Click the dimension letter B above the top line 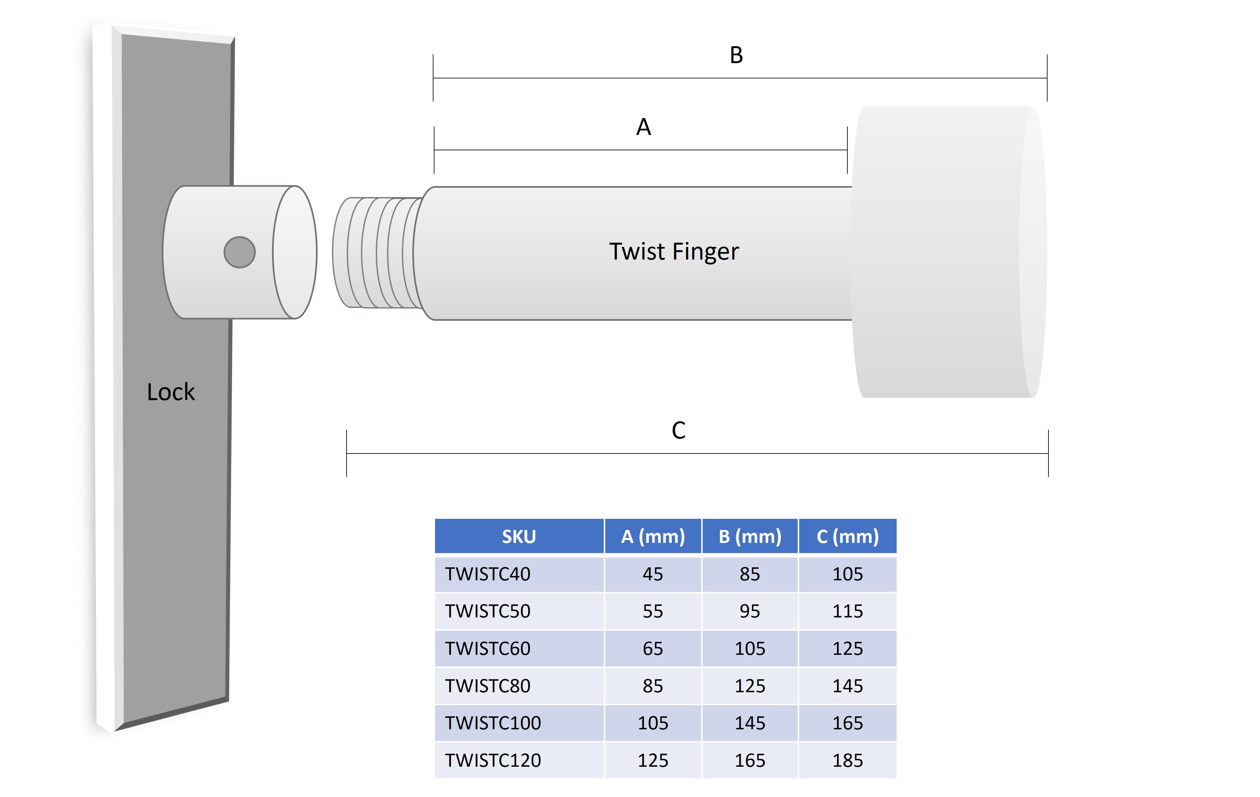[x=736, y=55]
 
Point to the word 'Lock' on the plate [x=171, y=392]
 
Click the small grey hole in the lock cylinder [x=239, y=252]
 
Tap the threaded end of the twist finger [x=377, y=252]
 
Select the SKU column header [x=519, y=536]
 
